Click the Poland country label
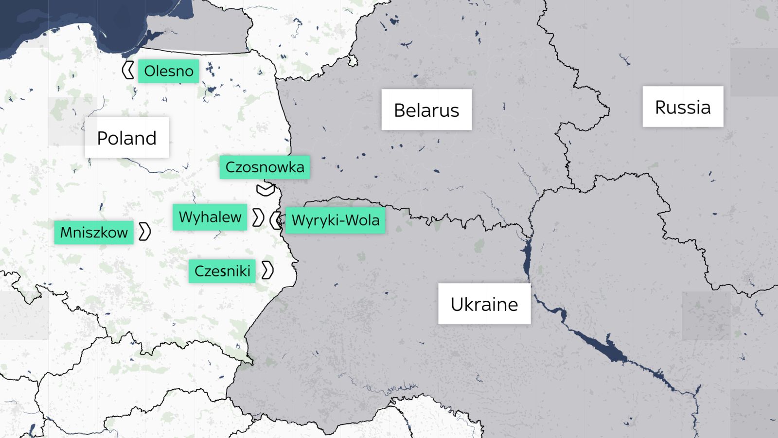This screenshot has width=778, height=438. (127, 138)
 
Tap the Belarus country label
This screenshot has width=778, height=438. (426, 110)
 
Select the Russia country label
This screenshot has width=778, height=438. (683, 107)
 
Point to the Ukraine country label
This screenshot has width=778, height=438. (484, 304)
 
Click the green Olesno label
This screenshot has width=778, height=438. (168, 71)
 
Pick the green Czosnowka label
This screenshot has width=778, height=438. (265, 167)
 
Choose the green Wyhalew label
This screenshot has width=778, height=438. (210, 217)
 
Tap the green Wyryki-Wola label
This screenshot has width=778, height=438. (335, 220)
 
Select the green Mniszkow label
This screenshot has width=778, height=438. (94, 232)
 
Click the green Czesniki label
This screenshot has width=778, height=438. (222, 271)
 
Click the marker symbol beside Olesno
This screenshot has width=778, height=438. (128, 71)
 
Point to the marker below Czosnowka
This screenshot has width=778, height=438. (265, 189)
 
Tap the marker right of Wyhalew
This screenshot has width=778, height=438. (258, 218)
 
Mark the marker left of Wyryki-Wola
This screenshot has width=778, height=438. (276, 220)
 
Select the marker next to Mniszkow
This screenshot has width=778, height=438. (144, 232)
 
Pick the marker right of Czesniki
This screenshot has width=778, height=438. (267, 270)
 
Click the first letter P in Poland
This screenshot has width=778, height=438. (102, 138)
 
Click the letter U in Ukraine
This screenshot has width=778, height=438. (457, 305)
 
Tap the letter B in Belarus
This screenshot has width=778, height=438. (399, 110)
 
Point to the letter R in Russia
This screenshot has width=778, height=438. (661, 108)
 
